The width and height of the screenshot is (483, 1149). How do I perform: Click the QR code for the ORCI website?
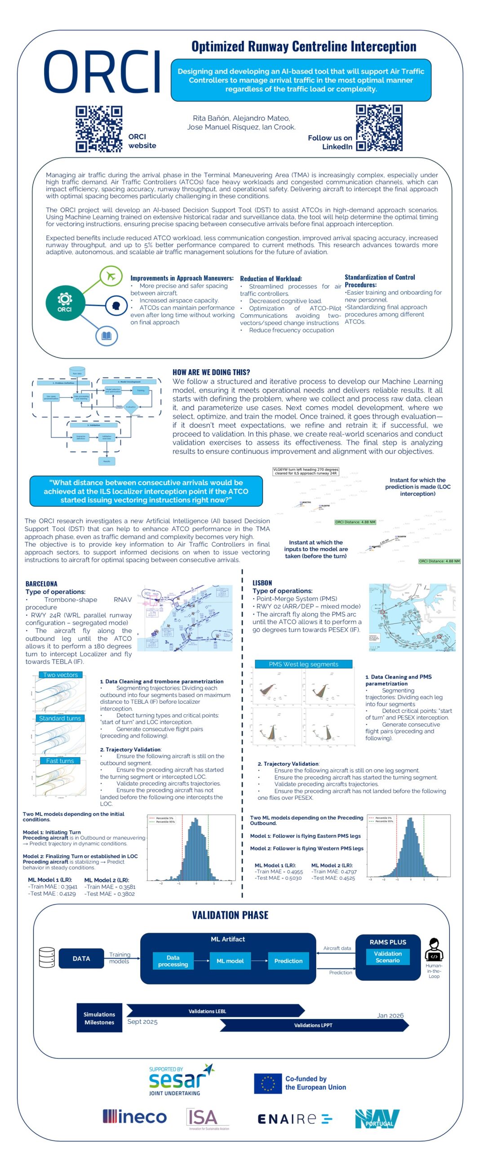[x=98, y=129]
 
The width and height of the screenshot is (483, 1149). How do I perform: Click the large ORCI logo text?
[x=102, y=72]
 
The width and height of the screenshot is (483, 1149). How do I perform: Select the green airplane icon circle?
[x=111, y=275]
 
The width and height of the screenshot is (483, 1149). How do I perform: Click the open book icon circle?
[x=106, y=335]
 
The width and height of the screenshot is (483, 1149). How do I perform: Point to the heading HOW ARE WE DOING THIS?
[x=211, y=372]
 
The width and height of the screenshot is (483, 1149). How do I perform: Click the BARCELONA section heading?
[x=41, y=583]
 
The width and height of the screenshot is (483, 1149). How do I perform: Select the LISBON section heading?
[x=262, y=583]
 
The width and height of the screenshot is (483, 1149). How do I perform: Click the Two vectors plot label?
[x=60, y=675]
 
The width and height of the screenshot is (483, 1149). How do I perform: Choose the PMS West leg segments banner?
[x=303, y=664]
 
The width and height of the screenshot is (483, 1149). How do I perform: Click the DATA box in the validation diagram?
[x=81, y=958]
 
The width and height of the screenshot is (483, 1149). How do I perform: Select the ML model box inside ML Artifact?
[x=230, y=960]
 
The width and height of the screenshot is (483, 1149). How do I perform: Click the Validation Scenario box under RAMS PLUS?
[x=387, y=956]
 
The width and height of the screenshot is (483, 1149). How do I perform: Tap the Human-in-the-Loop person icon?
[x=433, y=949]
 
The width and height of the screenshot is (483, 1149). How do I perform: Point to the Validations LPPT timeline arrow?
[x=314, y=1025]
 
